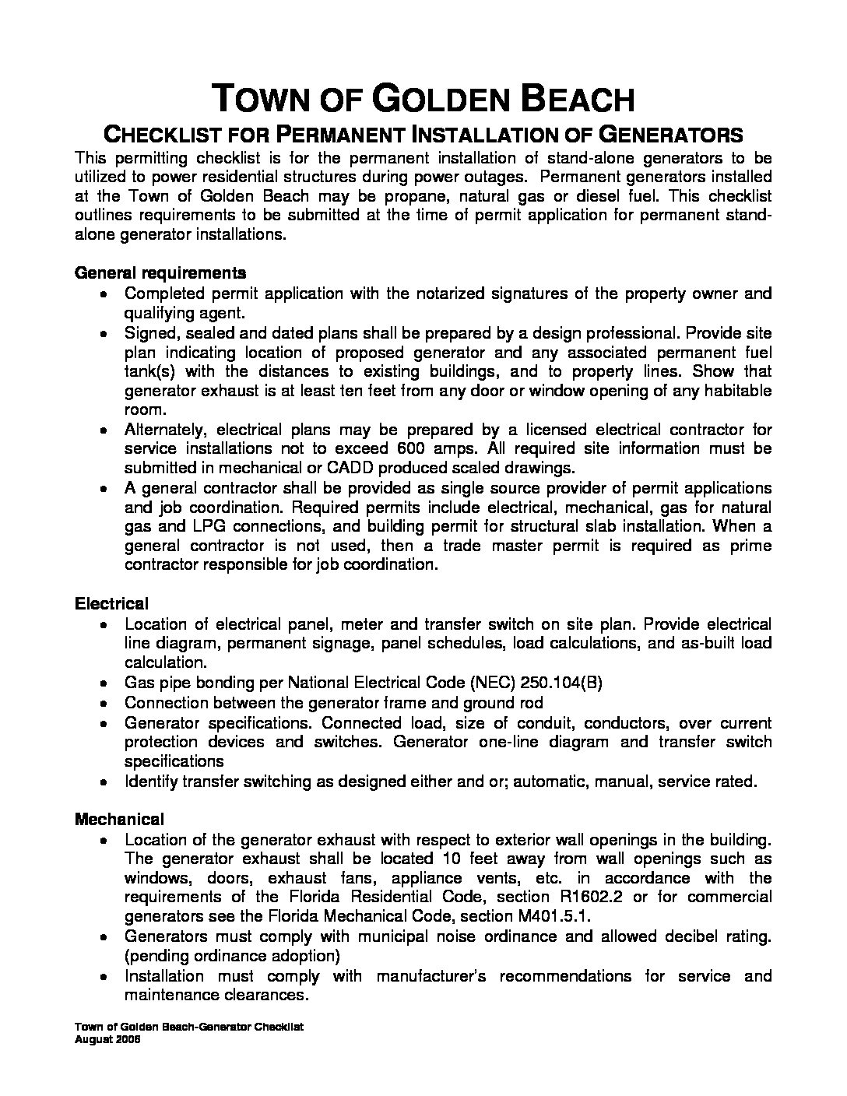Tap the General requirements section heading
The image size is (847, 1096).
pyautogui.click(x=160, y=273)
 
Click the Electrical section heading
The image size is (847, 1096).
pyautogui.click(x=111, y=604)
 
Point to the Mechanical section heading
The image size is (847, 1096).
pyautogui.click(x=119, y=820)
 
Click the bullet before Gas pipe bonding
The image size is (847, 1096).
pyautogui.click(x=105, y=683)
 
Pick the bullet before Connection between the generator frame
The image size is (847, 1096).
pyautogui.click(x=105, y=703)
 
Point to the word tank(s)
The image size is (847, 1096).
pyautogui.click(x=152, y=371)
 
